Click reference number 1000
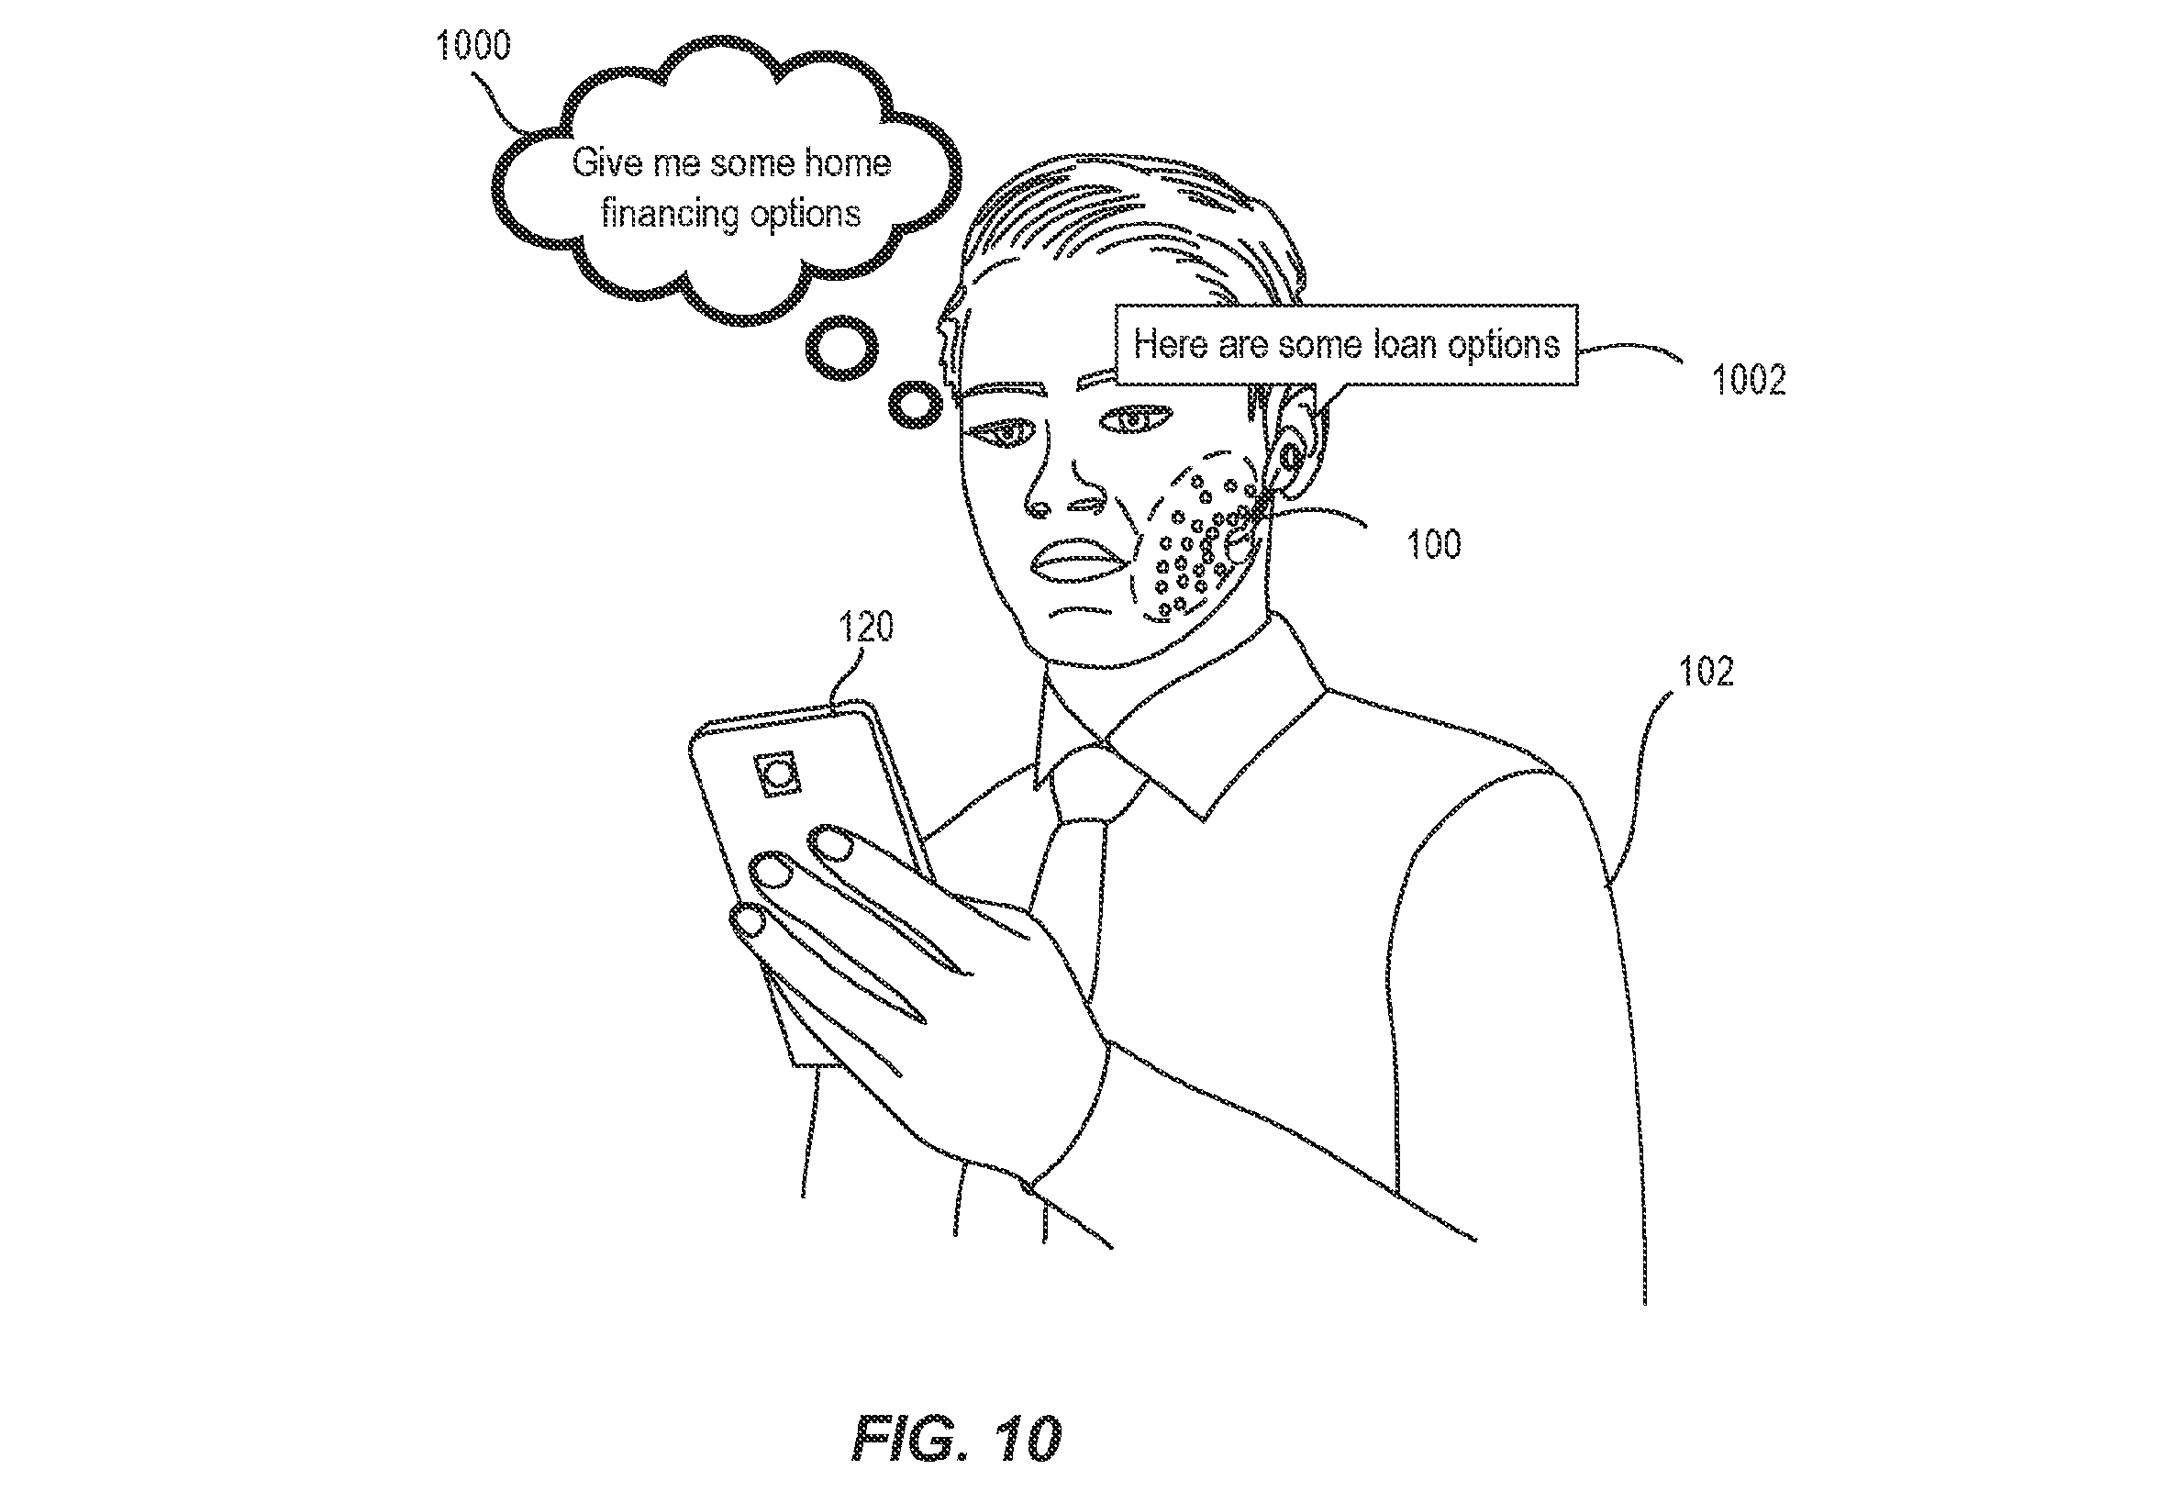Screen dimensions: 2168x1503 [x=473, y=45]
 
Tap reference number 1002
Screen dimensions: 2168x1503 [x=1748, y=380]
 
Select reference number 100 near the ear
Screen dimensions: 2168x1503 [x=1434, y=544]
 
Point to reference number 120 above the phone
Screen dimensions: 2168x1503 [x=865, y=626]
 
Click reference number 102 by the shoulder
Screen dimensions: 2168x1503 [x=1706, y=672]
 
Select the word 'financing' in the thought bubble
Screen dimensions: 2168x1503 [x=672, y=215]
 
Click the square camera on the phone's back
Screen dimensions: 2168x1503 [x=778, y=775]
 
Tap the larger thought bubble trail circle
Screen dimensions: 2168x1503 [x=841, y=348]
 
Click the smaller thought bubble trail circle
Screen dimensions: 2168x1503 [x=915, y=405]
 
